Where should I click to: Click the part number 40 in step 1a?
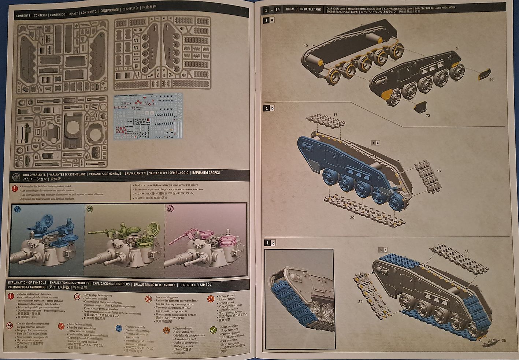coord(305,45)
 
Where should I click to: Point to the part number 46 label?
coord(491,79)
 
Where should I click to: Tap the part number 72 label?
coord(428,116)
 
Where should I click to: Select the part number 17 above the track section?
coord(336,115)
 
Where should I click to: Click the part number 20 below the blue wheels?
coord(352,218)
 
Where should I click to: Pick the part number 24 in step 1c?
coord(360,302)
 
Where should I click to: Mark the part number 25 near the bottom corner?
coord(503,341)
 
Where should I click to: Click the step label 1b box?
coord(270,108)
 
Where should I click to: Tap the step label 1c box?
coord(270,243)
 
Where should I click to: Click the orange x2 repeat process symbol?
coord(211,298)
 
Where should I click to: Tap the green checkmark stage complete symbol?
coord(213,330)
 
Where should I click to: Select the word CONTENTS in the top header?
coord(23,16)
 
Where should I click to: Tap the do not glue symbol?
coord(10,326)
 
